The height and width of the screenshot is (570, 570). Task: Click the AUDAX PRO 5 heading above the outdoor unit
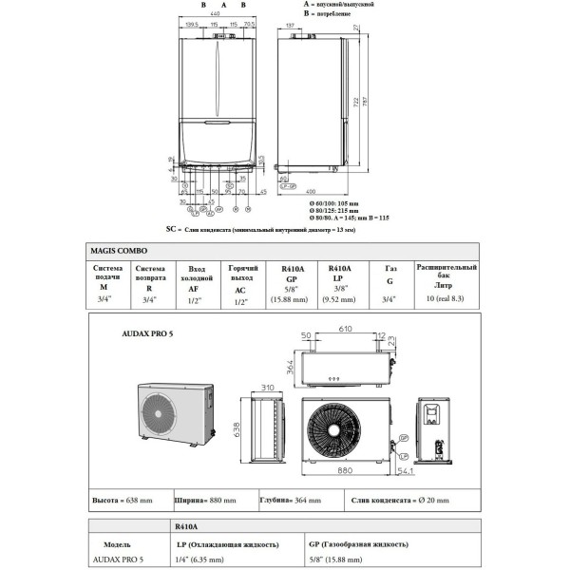tap(148, 334)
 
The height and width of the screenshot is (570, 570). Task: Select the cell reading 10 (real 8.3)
tap(442, 299)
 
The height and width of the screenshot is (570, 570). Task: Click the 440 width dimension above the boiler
tap(216, 16)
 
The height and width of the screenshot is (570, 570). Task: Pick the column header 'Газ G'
tap(390, 275)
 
